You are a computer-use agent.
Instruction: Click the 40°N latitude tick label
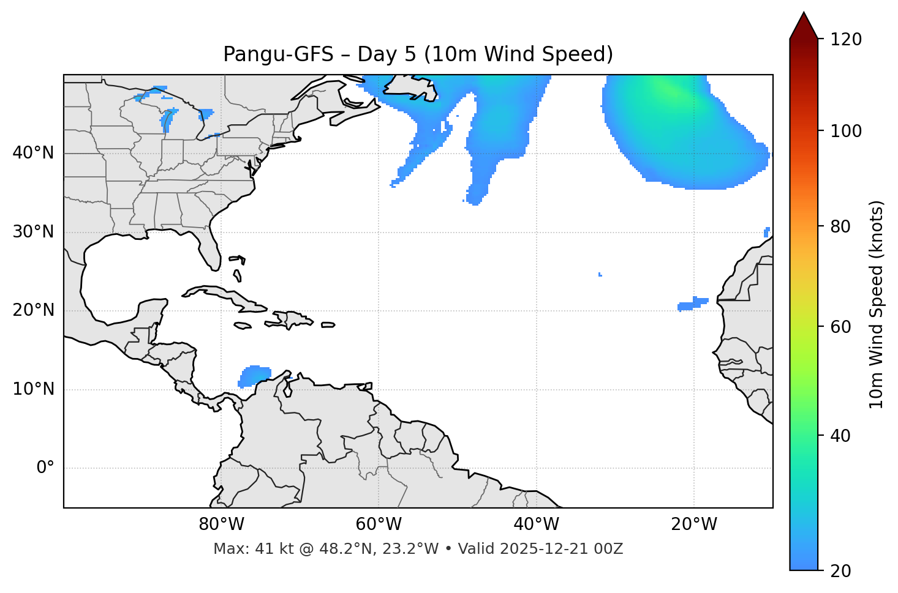pos(33,153)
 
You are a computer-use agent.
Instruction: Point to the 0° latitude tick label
pos(45,468)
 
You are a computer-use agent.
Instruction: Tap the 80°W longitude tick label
pos(221,524)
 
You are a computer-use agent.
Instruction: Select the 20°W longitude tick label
pos(694,524)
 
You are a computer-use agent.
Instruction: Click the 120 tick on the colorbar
pos(846,40)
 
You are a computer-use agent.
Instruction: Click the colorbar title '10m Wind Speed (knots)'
pos(877,304)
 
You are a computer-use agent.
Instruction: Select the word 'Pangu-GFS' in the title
pos(278,54)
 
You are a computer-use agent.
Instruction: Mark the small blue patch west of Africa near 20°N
pos(693,304)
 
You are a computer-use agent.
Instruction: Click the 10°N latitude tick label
pos(33,389)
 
